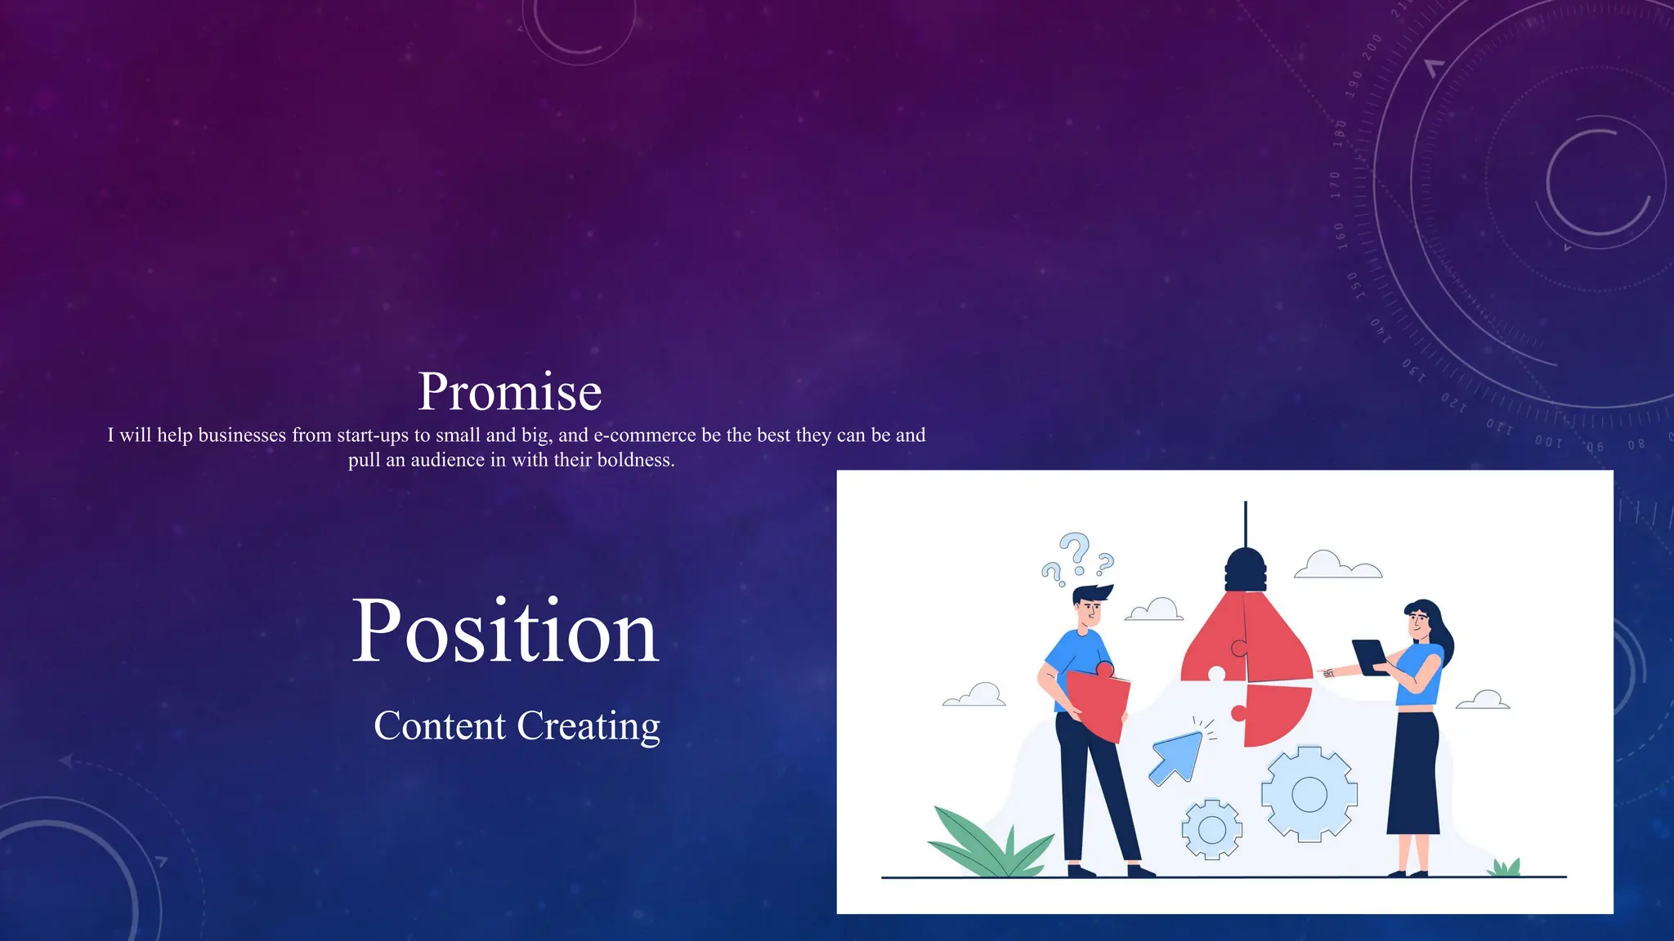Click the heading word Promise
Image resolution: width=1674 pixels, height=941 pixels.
509,392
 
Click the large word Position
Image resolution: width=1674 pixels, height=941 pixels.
504,632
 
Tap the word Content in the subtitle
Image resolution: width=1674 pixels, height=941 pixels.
440,726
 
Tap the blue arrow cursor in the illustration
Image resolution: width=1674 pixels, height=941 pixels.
1175,757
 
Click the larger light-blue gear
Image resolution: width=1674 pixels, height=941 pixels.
1309,794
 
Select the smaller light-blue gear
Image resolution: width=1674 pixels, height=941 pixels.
1211,830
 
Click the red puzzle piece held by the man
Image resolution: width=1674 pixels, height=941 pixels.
1098,702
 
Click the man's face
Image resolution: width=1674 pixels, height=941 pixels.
1090,611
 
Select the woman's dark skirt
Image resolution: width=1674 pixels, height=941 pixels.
1414,772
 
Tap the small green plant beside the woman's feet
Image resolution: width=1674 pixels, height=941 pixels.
1504,867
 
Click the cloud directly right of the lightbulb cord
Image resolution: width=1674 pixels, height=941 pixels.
1337,565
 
